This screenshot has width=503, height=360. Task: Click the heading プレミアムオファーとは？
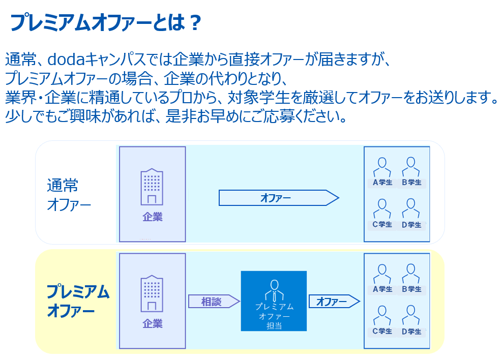pyautogui.click(x=106, y=22)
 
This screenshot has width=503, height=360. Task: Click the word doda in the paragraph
pyautogui.click(x=66, y=59)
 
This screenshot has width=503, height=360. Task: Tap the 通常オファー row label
pyautogui.click(x=69, y=195)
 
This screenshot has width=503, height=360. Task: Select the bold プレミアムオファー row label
pyautogui.click(x=78, y=301)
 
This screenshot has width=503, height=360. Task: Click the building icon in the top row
pyautogui.click(x=152, y=187)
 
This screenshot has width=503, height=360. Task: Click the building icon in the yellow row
pyautogui.click(x=152, y=293)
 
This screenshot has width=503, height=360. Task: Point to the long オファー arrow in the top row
pyautogui.click(x=279, y=198)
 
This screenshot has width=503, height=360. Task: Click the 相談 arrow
pyautogui.click(x=214, y=302)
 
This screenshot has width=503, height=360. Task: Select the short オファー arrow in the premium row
pyautogui.click(x=334, y=302)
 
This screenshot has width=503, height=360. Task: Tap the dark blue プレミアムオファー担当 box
pyautogui.click(x=274, y=301)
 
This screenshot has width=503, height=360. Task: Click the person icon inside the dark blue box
pyautogui.click(x=274, y=290)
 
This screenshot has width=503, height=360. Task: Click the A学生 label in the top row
pyautogui.click(x=382, y=182)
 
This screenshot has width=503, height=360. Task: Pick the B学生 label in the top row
pyautogui.click(x=411, y=182)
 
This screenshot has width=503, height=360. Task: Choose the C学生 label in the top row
pyautogui.click(x=382, y=224)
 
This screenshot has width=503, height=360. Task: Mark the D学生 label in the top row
pyautogui.click(x=411, y=225)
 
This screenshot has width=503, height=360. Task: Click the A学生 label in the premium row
pyautogui.click(x=382, y=289)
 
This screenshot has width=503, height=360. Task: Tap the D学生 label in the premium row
pyautogui.click(x=411, y=332)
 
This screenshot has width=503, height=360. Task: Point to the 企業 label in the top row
pyautogui.click(x=153, y=217)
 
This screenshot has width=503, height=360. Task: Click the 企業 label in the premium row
pyautogui.click(x=153, y=323)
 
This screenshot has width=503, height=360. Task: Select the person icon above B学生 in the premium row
pyautogui.click(x=411, y=274)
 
